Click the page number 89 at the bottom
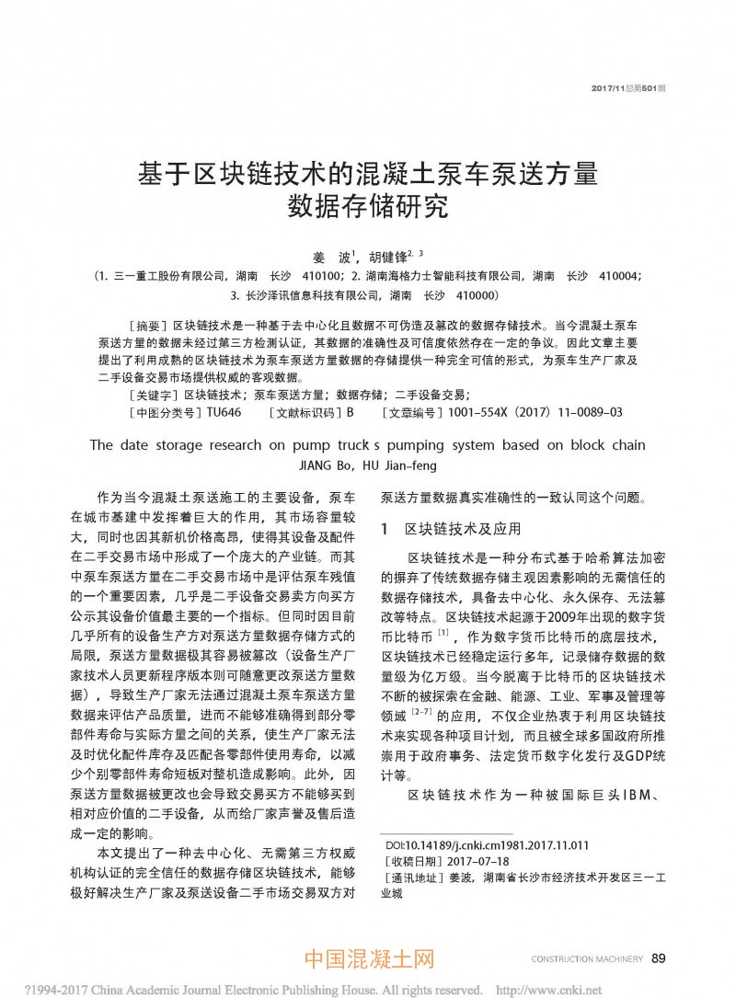(658, 958)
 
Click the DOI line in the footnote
(487, 843)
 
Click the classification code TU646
(224, 413)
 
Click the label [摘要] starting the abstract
(146, 326)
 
